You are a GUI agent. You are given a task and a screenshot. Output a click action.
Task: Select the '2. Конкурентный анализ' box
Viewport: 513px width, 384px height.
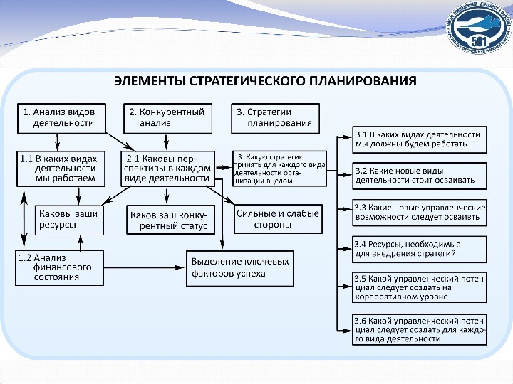169,117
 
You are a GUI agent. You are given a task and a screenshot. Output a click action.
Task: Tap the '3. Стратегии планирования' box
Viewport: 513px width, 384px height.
276,117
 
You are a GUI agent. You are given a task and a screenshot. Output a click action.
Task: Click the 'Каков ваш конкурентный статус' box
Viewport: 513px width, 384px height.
169,220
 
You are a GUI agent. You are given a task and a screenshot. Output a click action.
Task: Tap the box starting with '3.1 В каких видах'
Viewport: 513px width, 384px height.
420,139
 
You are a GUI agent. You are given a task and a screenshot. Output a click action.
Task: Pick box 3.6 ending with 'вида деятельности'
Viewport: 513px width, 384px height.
420,329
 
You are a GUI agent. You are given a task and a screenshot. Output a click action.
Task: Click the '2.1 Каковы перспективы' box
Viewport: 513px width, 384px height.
168,168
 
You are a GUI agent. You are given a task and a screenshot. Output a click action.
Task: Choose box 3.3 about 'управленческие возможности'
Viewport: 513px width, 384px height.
420,212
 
